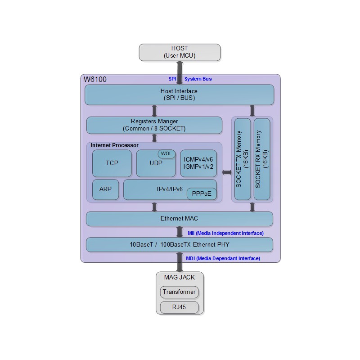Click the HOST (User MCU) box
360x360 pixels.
pos(180,52)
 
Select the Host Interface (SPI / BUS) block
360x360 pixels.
pos(179,94)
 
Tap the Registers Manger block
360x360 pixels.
pos(154,125)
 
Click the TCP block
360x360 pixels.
pos(112,163)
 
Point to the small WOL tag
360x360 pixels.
pos(166,154)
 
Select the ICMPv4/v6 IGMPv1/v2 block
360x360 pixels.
pos(198,163)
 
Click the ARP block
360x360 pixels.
pos(105,189)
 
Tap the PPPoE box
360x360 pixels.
pos(202,194)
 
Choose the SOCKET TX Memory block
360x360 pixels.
pos(243,159)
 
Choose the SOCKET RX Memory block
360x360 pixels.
pos(262,159)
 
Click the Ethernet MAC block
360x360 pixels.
pos(179,219)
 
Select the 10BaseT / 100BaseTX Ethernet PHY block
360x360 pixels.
pos(179,245)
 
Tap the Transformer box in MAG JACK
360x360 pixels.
pos(179,292)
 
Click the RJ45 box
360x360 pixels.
pos(179,307)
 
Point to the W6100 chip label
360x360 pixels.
pos(95,80)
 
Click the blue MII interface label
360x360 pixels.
pos(225,233)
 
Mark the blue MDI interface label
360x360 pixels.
pos(223,258)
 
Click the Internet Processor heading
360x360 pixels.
pos(115,145)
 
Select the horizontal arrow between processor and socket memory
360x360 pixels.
pos(226,172)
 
